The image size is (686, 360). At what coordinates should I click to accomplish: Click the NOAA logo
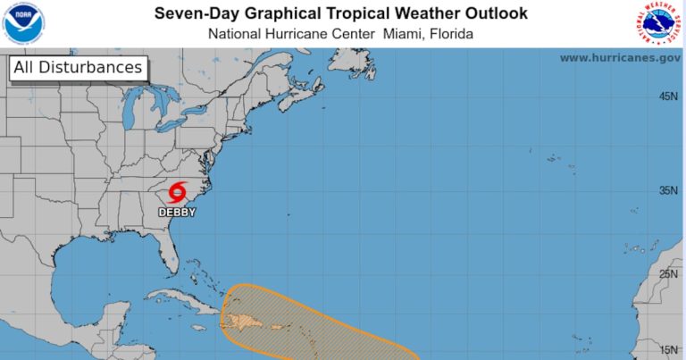pos(24,23)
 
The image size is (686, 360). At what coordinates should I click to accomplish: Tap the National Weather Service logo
pos(661,23)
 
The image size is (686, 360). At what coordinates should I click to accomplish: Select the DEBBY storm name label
pos(177,213)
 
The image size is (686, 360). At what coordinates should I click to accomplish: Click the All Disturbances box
pos(77,68)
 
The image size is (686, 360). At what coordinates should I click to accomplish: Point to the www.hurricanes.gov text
pos(620,57)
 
